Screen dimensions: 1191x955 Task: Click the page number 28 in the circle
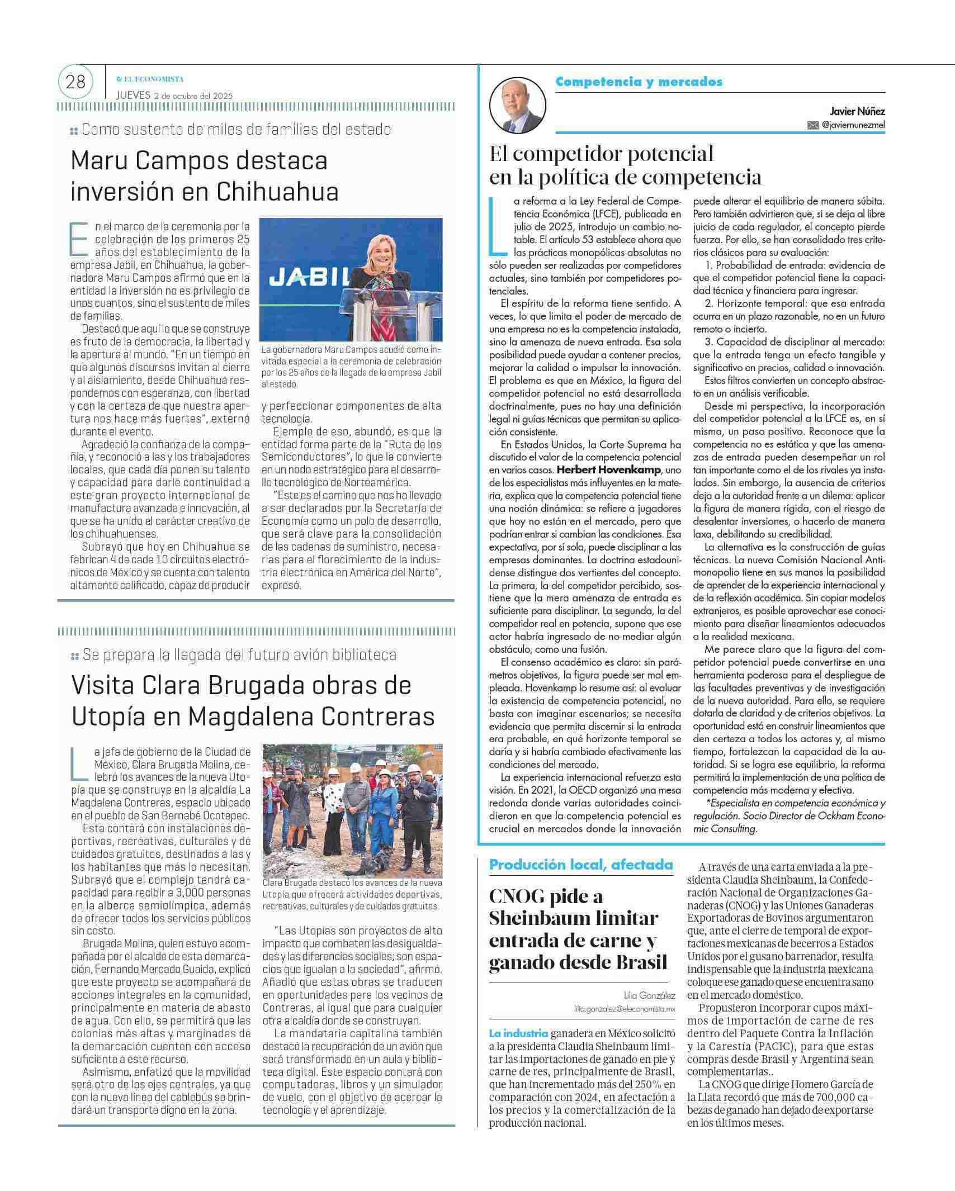75,83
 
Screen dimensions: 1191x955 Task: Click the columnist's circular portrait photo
517,105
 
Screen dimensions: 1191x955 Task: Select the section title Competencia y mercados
639,82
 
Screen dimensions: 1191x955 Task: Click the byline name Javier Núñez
857,112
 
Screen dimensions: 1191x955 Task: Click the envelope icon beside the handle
813,126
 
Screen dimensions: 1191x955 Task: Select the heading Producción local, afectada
580,865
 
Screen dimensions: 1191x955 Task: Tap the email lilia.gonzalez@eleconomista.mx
625,1009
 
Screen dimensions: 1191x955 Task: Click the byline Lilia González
650,995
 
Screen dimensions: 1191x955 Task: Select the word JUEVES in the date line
133,95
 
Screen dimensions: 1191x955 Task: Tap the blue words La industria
518,1033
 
